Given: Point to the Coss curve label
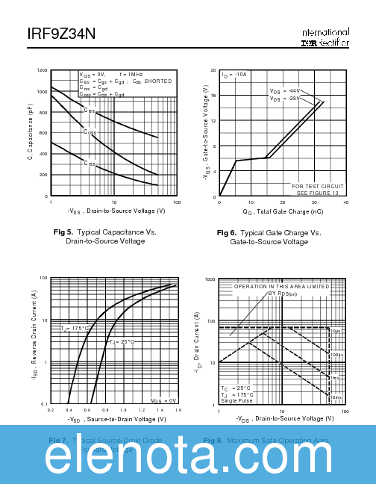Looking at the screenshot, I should click(90, 133).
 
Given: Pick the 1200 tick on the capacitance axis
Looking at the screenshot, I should click(42, 70).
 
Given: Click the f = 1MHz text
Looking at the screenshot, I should click(131, 75).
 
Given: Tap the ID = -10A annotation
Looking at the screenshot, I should click(234, 75).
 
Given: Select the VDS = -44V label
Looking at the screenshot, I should click(284, 91).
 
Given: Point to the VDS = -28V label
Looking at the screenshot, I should click(284, 99).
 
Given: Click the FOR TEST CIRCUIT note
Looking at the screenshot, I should click(317, 185).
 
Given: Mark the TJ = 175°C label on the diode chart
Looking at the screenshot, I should click(76, 328).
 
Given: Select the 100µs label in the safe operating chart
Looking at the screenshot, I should click(337, 354).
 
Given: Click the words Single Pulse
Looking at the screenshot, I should click(237, 401).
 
